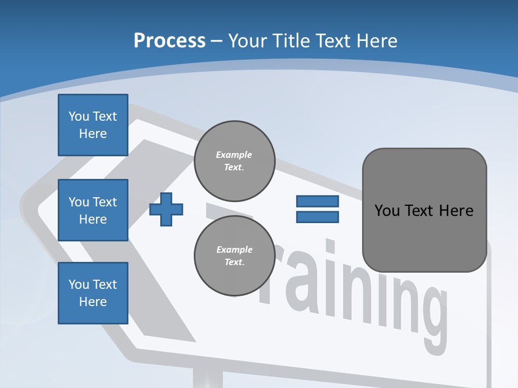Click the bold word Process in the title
[169, 41]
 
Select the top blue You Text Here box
[93, 125]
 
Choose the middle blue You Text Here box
[93, 210]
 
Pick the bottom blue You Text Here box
[93, 293]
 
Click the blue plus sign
[166, 209]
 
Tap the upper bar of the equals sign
[317, 202]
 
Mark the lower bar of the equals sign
[317, 217]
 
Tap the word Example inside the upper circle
[234, 155]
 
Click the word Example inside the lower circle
[234, 250]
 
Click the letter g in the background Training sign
[426, 318]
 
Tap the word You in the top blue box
[79, 116]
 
